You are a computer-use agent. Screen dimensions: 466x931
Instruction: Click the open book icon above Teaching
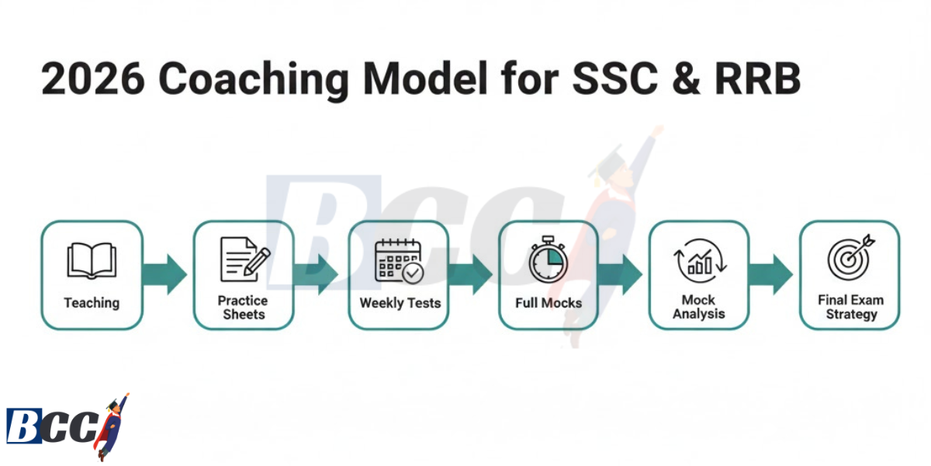coord(92,260)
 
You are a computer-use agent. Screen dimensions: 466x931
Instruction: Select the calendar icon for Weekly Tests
coord(399,261)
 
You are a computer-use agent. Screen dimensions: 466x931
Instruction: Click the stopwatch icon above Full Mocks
coord(548,261)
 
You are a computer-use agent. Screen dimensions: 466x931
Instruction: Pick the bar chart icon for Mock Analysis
coord(699,261)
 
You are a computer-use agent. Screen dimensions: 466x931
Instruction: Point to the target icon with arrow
coord(850,259)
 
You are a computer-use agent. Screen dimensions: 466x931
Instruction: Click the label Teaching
coord(92,302)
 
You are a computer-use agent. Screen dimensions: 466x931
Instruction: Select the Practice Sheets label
coord(244,308)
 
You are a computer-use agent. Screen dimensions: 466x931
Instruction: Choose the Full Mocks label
coord(549,302)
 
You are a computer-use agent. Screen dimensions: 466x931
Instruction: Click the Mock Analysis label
coord(699,308)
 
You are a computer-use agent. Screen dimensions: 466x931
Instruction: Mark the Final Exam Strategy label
coord(850,308)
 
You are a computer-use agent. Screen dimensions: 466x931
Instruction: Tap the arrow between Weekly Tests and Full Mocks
coord(472,274)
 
